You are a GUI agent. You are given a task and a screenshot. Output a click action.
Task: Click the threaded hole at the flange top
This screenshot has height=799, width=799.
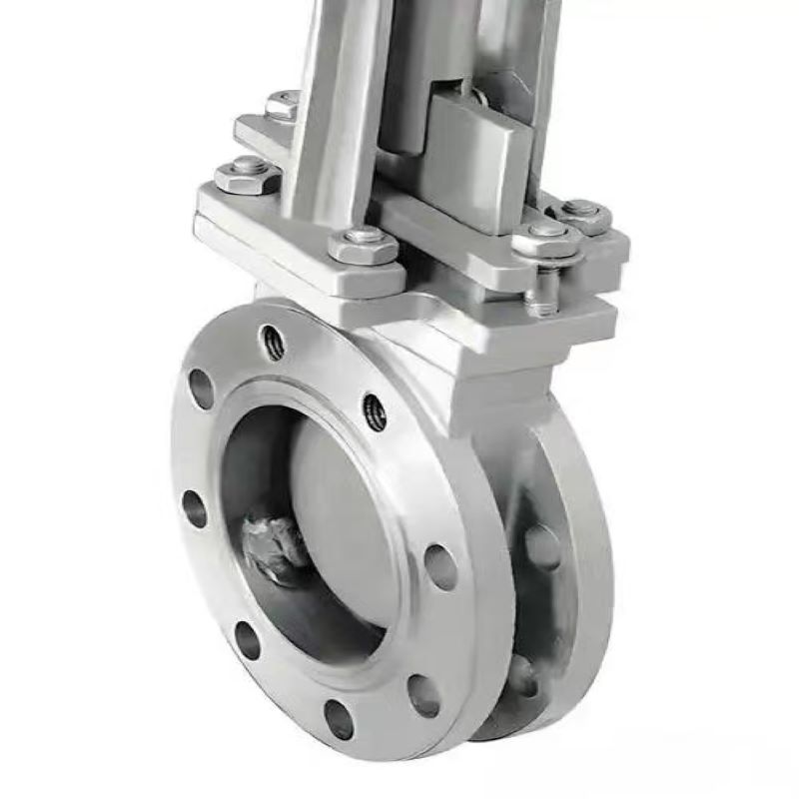(x=273, y=343)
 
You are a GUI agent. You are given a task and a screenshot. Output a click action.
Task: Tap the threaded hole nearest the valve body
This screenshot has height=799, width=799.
(x=375, y=411)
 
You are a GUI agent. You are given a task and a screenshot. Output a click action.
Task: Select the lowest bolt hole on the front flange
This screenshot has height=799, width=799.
(x=339, y=719)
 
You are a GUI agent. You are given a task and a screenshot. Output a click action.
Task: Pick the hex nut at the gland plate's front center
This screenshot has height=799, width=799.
(x=363, y=243)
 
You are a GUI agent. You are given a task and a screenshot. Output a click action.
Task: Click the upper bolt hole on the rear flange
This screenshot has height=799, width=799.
(x=542, y=546)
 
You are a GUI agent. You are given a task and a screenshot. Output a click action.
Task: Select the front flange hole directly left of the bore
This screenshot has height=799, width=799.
(x=195, y=508)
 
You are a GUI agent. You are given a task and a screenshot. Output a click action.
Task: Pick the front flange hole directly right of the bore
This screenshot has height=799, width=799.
(x=440, y=566)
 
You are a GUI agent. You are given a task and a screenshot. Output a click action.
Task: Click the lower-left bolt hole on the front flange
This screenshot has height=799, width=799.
(x=247, y=640)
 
